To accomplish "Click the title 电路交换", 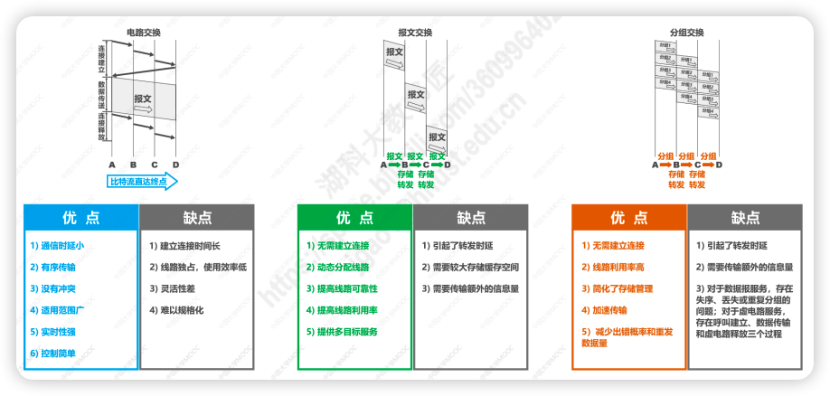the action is point(144,33).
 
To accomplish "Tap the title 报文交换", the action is point(415,33).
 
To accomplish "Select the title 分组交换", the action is point(686,33).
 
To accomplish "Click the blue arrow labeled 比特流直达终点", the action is point(144,182).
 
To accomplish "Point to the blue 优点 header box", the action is point(81,218).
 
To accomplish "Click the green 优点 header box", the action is point(354,218).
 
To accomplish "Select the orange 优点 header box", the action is point(629,218).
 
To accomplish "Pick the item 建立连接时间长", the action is point(184,246).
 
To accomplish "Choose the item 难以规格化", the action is point(177,310).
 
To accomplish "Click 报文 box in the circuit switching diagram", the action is point(144,99).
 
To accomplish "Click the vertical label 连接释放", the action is point(102,129).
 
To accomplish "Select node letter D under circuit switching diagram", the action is point(175,165).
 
